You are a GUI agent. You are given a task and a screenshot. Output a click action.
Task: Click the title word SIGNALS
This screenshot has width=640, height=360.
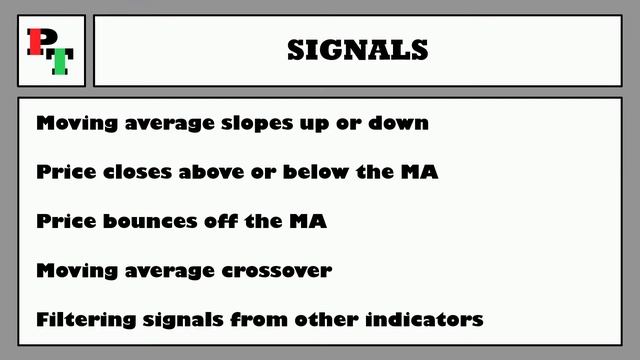coord(357,49)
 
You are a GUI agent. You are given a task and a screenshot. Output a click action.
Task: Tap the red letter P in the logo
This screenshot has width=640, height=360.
coord(37,42)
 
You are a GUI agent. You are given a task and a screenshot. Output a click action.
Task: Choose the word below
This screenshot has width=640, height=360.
coord(315,172)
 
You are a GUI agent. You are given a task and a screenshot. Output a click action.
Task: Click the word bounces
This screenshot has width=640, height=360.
coord(144,221)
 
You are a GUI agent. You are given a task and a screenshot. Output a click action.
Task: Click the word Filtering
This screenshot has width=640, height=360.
coord(82,320)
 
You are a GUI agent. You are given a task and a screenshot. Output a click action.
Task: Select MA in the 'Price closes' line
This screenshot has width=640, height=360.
coord(419,172)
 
